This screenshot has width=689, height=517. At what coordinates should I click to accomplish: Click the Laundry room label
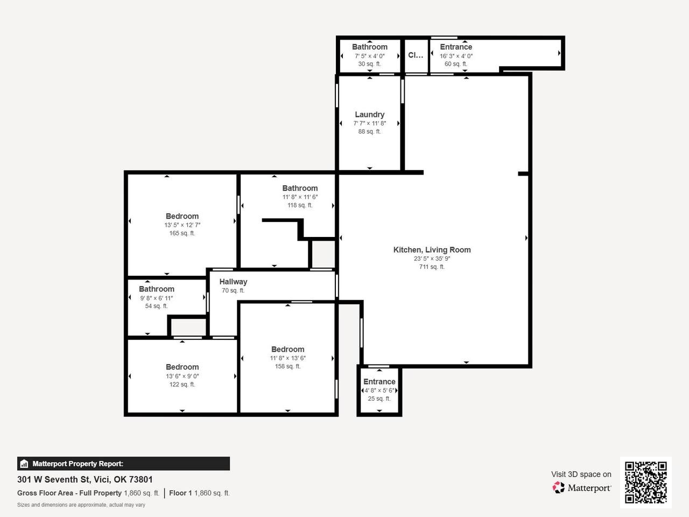(x=369, y=115)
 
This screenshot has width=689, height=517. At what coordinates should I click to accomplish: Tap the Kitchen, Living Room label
(x=432, y=250)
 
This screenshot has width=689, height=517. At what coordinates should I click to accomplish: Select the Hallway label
(x=233, y=282)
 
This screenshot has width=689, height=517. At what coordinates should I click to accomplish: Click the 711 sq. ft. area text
(x=432, y=267)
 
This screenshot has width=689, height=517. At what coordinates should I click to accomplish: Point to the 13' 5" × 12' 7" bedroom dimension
(x=182, y=225)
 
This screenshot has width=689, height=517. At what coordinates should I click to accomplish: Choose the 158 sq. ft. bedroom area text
(x=288, y=366)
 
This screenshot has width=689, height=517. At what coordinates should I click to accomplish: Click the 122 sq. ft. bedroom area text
(x=182, y=385)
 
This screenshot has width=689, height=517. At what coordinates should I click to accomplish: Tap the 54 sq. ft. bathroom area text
(x=156, y=306)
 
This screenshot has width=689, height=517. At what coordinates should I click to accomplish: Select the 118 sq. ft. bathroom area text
(x=300, y=205)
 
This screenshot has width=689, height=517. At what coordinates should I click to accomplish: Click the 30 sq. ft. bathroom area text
(x=369, y=64)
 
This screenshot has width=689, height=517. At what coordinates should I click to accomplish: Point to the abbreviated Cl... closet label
(x=416, y=55)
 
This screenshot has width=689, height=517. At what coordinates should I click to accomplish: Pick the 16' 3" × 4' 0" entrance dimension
(x=456, y=56)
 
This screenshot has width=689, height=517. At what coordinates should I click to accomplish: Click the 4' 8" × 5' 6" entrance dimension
(x=379, y=390)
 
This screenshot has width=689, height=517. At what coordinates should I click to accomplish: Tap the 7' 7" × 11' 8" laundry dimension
(x=369, y=123)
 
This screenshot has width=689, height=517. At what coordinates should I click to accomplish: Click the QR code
(x=646, y=483)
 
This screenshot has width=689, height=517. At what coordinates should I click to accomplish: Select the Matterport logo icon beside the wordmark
(x=558, y=487)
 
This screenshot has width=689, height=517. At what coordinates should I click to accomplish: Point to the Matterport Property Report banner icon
(x=24, y=464)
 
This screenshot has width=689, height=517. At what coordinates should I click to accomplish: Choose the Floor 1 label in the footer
(x=180, y=493)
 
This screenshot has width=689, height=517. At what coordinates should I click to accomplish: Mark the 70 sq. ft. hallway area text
(x=233, y=291)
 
